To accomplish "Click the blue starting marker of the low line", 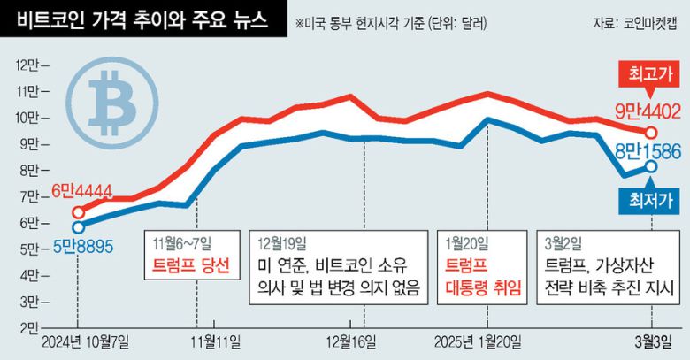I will coord(79,227).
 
